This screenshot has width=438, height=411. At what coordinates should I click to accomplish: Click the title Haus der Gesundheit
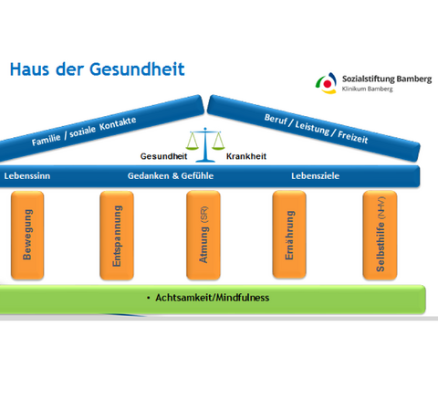pyautogui.click(x=97, y=69)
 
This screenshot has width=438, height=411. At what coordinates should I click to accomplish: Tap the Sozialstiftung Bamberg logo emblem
pyautogui.click(x=327, y=83)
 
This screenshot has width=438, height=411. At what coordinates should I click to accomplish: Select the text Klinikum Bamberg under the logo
pyautogui.click(x=368, y=89)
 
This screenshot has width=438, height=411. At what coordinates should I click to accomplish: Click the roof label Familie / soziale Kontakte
pyautogui.click(x=84, y=131)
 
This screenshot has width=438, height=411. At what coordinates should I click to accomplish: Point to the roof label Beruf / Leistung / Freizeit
pyautogui.click(x=317, y=129)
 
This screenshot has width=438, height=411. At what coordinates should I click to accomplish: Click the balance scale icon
pyautogui.click(x=205, y=144)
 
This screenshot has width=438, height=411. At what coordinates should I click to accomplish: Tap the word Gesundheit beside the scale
pyautogui.click(x=163, y=156)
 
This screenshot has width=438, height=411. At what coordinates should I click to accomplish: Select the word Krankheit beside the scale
pyautogui.click(x=246, y=156)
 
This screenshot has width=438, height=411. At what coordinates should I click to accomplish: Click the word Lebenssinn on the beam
pyautogui.click(x=27, y=176)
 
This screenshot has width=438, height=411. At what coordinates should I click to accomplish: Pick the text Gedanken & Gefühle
pyautogui.click(x=171, y=176)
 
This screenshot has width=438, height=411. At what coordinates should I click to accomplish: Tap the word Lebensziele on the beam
pyautogui.click(x=316, y=176)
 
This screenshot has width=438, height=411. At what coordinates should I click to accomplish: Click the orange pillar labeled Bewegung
pyautogui.click(x=27, y=235)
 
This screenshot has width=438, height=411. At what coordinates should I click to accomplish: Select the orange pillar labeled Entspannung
pyautogui.click(x=117, y=236)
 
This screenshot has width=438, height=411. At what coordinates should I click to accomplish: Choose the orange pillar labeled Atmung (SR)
pyautogui.click(x=203, y=235)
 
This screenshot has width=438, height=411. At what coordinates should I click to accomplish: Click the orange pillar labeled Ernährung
pyautogui.click(x=289, y=235)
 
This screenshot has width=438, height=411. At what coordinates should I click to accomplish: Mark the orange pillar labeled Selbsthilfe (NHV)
pyautogui.click(x=380, y=235)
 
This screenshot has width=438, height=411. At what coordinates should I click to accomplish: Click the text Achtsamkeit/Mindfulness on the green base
pyautogui.click(x=213, y=298)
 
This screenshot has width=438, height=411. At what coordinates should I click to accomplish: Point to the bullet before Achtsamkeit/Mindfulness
pyautogui.click(x=149, y=298)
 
